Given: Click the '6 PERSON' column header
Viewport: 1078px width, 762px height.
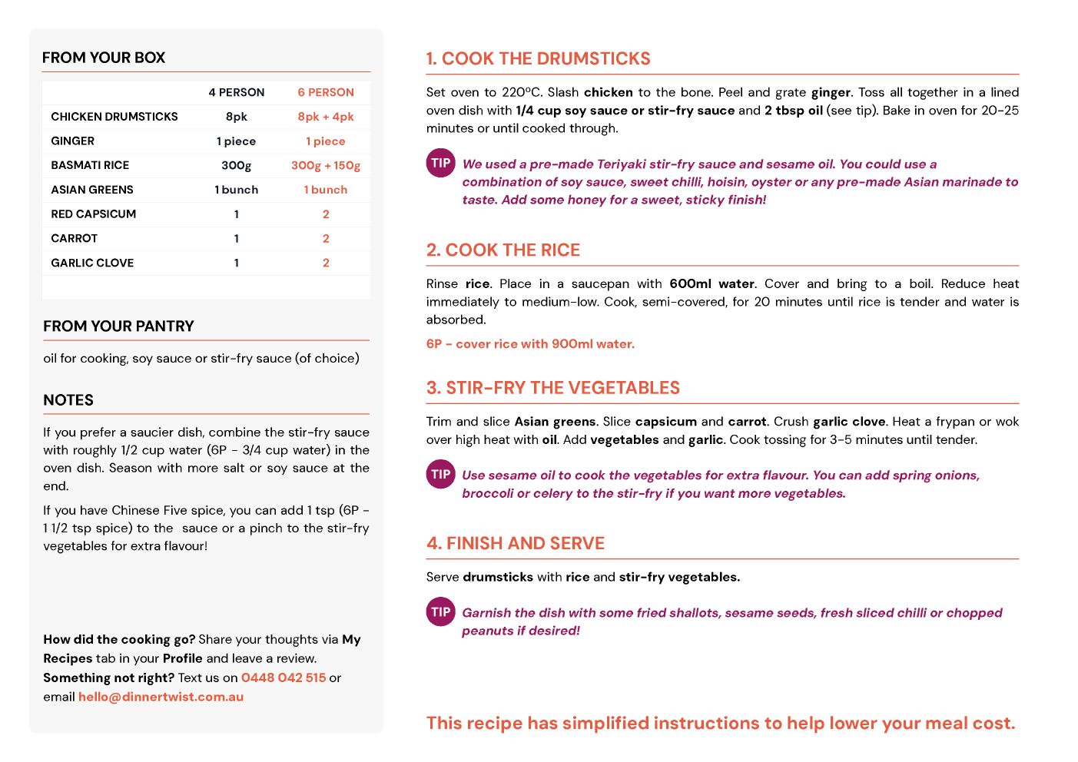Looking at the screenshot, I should pyautogui.click(x=326, y=92).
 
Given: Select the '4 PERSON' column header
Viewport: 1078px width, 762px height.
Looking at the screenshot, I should pyautogui.click(x=236, y=92).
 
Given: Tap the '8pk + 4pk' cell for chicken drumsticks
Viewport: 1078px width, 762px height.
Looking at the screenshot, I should pyautogui.click(x=326, y=117).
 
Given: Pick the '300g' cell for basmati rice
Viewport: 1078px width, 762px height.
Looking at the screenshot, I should pyautogui.click(x=236, y=165).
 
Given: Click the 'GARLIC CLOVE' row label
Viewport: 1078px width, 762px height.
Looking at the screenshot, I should pyautogui.click(x=92, y=263).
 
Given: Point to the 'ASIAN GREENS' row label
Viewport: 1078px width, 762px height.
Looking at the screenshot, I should pyautogui.click(x=92, y=190).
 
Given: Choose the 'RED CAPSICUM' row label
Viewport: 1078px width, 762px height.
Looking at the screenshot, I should pyautogui.click(x=94, y=214).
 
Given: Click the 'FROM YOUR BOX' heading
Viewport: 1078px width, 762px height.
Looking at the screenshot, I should pyautogui.click(x=104, y=58).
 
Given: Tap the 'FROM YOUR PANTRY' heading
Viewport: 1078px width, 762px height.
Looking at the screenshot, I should pyautogui.click(x=118, y=326).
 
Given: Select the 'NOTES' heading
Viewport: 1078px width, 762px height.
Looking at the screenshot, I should pyautogui.click(x=68, y=400).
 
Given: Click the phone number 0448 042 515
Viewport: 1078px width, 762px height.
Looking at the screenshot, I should pyautogui.click(x=284, y=678).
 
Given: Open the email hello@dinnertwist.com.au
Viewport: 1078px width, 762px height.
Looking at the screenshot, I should pyautogui.click(x=161, y=697).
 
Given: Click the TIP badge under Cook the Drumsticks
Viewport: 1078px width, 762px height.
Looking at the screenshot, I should pyautogui.click(x=440, y=163).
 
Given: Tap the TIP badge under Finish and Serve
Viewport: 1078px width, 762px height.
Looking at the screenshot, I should pyautogui.click(x=440, y=611).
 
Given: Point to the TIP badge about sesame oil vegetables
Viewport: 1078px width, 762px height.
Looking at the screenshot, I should pyautogui.click(x=440, y=474).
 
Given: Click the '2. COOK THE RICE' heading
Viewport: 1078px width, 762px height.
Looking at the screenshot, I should pyautogui.click(x=503, y=250).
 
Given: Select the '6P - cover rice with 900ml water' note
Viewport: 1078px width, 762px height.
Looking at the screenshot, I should pyautogui.click(x=530, y=344).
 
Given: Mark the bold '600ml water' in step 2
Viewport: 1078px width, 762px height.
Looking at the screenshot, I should pyautogui.click(x=711, y=283).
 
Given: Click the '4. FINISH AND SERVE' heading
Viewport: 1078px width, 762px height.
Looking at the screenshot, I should pyautogui.click(x=516, y=544).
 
